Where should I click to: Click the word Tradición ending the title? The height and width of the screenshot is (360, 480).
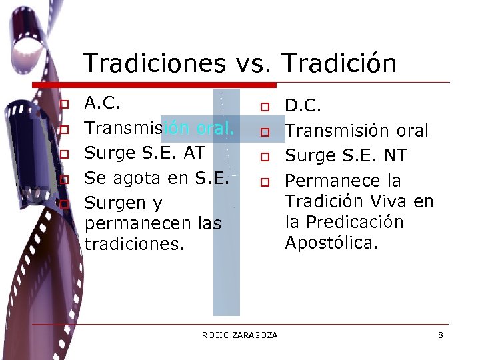[x=339, y=64]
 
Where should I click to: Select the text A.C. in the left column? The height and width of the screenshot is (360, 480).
[x=103, y=103]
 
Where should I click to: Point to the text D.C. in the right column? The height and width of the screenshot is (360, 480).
[x=303, y=105]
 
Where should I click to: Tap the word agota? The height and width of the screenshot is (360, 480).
[x=134, y=178]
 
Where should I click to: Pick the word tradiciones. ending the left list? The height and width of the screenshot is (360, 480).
[x=133, y=244]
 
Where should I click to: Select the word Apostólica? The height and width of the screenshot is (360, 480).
[x=331, y=242]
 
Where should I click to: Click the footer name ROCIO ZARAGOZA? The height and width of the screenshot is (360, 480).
[x=239, y=335]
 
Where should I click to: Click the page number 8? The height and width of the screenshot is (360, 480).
[x=441, y=335]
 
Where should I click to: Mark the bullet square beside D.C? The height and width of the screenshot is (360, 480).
[x=264, y=107]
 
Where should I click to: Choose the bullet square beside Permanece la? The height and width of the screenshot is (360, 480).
[x=264, y=182]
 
